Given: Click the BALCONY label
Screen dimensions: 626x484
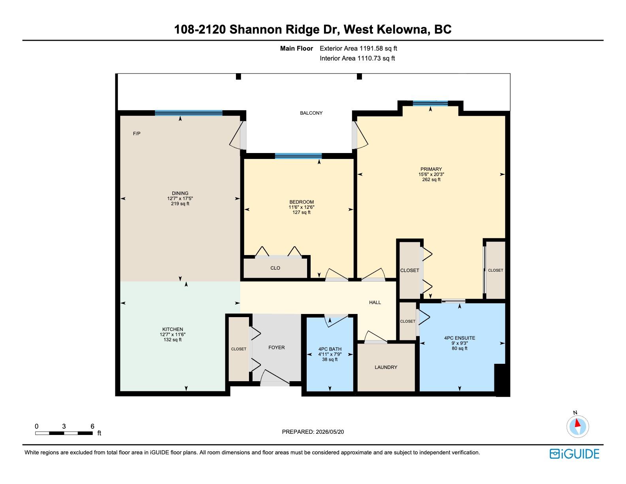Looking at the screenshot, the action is [x=311, y=113].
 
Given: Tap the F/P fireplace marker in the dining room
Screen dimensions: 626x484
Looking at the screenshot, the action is [x=137, y=134].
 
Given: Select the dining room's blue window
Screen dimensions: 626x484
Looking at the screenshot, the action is [x=189, y=113].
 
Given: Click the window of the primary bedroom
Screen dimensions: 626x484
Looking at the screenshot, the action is [x=430, y=103].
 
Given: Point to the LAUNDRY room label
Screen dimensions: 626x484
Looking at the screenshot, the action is [x=386, y=367].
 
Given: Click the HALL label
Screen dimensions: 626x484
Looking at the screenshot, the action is [x=375, y=302].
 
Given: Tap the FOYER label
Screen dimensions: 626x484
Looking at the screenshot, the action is [x=277, y=348].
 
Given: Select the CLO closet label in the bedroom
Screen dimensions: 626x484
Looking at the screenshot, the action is [x=275, y=268].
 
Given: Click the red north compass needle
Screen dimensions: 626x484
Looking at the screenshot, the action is [x=577, y=423].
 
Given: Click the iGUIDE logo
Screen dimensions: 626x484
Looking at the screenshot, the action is [x=574, y=454].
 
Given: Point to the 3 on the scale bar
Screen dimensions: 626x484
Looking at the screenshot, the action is [x=64, y=426].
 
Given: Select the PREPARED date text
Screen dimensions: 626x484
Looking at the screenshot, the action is [x=313, y=432].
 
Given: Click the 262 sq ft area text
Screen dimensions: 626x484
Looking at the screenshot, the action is [x=431, y=180].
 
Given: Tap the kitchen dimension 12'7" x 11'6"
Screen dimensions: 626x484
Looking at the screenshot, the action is [x=173, y=335].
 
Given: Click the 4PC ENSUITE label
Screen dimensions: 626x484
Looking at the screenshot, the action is [x=460, y=338].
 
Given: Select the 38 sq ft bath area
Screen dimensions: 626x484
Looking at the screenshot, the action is [x=330, y=359].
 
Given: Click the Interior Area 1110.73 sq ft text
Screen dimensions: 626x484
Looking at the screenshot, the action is [x=357, y=58].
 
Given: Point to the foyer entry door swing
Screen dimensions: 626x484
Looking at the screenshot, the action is [x=275, y=378].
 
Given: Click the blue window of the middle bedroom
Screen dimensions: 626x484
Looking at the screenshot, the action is [x=298, y=156].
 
